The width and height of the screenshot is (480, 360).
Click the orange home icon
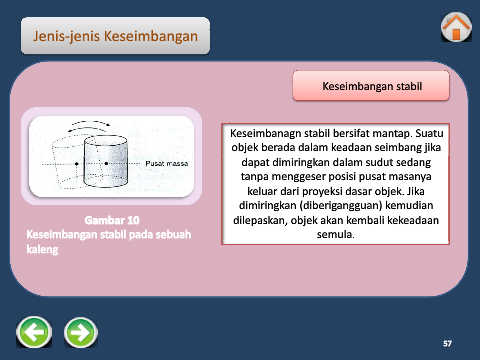point(456,27)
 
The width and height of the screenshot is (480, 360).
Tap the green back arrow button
point(34,332)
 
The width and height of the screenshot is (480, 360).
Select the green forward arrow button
point(81,333)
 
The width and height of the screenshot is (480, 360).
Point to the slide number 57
point(447,343)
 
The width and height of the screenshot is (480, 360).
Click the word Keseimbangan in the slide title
point(151,36)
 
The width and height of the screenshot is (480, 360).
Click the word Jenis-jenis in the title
point(66,36)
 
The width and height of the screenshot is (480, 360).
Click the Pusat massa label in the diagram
point(167,164)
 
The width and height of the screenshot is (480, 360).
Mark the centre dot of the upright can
point(106,163)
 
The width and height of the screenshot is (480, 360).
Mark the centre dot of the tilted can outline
point(77,164)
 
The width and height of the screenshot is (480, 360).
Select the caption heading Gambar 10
point(112,220)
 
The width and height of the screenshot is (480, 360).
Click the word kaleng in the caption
point(42,249)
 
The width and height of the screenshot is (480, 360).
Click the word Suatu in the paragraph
point(429,133)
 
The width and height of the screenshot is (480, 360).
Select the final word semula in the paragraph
point(334,234)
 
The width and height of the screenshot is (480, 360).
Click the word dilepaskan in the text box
point(259,220)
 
